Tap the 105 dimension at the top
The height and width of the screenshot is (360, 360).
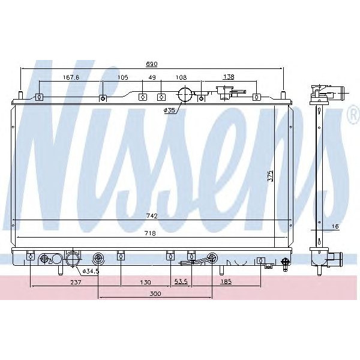(x=122, y=77)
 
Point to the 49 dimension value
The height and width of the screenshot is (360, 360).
(x=152, y=77)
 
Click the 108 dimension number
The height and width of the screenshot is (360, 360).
(x=181, y=77)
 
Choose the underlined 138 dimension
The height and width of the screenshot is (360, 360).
(x=229, y=77)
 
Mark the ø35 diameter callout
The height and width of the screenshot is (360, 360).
(x=170, y=110)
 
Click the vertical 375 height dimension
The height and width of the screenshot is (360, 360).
(x=271, y=175)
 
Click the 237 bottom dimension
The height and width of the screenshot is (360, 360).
(x=76, y=282)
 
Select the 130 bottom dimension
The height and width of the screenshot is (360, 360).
(x=145, y=282)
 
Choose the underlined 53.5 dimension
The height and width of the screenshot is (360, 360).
(x=181, y=282)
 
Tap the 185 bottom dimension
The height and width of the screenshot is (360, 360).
(x=226, y=282)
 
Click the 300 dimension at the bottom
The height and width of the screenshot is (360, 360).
(x=155, y=294)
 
